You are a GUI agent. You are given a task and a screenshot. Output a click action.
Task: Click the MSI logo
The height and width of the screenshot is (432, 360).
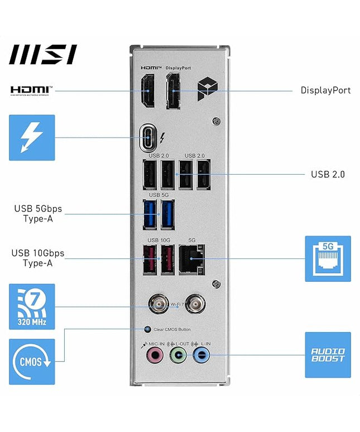click(x=43, y=54)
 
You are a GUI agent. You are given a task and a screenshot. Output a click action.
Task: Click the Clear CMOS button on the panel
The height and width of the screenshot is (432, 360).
click(x=147, y=329)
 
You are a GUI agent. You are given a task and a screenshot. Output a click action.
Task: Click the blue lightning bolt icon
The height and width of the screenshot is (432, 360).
click(x=32, y=137)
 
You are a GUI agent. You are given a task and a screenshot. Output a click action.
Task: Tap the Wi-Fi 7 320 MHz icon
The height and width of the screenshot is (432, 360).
click(x=32, y=306)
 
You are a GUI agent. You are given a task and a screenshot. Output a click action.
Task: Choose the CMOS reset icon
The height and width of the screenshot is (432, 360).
click(x=32, y=361)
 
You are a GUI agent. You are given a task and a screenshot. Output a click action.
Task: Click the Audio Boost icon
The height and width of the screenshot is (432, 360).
click(x=328, y=355)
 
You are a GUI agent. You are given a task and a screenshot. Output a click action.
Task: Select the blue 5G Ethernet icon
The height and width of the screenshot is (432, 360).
click(x=328, y=258)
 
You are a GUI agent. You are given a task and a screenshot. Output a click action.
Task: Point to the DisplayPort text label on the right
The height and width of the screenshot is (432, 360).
click(x=325, y=90)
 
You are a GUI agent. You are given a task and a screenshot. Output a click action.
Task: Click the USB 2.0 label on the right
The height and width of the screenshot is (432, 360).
click(x=328, y=174)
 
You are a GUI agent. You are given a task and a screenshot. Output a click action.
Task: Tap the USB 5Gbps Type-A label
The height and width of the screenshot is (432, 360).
click(x=38, y=213)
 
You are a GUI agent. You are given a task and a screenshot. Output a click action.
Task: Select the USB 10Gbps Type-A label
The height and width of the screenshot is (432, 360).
click(x=38, y=258)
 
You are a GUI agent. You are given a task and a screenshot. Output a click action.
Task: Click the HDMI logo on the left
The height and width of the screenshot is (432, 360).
click(x=31, y=90)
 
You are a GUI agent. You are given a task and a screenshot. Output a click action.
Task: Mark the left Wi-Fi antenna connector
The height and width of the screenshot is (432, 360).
click(x=157, y=305)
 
